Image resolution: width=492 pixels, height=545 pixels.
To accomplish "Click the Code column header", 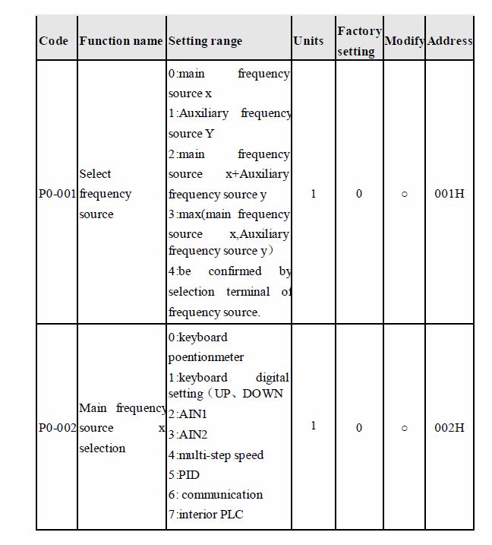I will pos(53,41).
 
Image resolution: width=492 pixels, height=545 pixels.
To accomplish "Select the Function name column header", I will pos(121,41).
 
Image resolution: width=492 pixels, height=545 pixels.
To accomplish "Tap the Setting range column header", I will pos(205,41).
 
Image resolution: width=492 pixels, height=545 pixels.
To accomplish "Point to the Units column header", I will pos(308,41).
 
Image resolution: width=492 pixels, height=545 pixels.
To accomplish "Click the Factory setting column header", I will pos(358,41).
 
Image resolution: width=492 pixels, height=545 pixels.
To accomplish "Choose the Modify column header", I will pos(404,41).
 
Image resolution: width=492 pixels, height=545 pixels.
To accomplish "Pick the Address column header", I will pos(449,41).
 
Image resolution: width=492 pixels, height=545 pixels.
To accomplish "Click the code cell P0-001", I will pos(57,194).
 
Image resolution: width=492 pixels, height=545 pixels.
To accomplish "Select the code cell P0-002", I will pos(57,428).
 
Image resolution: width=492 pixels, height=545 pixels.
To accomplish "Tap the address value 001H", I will pos(449,194).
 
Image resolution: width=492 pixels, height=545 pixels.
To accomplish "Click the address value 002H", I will pos(449,428).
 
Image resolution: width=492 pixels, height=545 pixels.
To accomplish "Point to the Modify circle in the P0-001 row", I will pos(404,194).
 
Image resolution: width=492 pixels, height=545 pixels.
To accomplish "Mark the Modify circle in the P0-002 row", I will pos(404,428).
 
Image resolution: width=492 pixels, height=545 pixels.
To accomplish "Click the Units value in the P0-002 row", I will pos(314,426).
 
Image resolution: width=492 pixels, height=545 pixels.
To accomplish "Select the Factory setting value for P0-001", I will pos(359,194).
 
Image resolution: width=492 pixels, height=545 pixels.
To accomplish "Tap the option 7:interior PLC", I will pos(206,515).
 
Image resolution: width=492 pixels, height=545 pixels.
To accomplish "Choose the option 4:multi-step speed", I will pos(216,455).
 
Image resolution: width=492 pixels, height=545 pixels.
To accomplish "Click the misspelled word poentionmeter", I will pos(206,356).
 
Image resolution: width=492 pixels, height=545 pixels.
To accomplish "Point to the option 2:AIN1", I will pos(188,414).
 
